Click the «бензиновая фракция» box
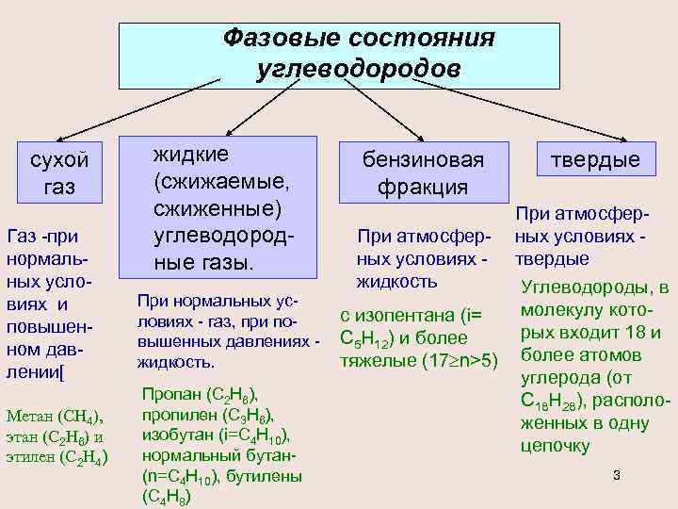click(424, 172)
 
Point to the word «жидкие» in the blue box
click(192, 153)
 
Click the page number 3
click(616, 474)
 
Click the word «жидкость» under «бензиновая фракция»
click(396, 281)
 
